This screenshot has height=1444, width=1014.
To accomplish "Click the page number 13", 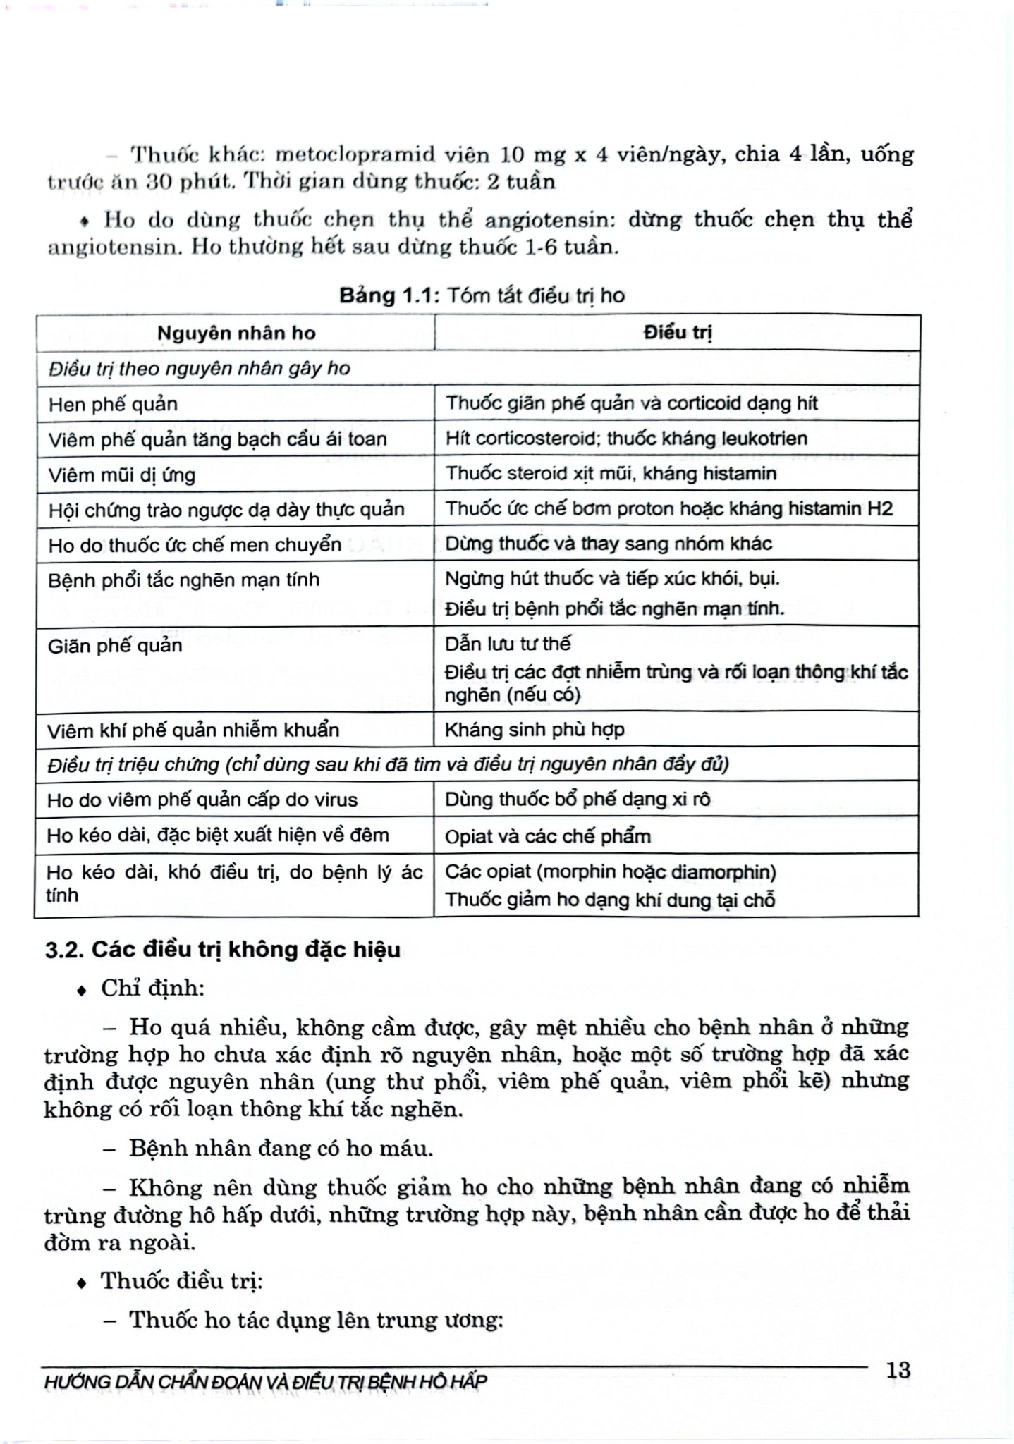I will tap(898, 1370).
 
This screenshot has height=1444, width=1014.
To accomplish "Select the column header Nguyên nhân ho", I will tap(236, 334).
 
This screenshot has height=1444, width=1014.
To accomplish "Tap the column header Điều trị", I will tap(677, 333).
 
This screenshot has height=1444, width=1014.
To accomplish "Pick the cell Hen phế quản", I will tap(113, 404).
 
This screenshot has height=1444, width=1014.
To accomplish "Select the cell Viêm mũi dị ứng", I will tap(121, 475).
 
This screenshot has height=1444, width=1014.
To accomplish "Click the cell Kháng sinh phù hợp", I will tap(535, 729).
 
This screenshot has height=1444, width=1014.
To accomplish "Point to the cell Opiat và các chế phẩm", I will tap(547, 836).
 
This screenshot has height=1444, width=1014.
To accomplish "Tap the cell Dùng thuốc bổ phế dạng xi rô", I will tap(578, 800).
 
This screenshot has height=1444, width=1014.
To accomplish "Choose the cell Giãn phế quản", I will tap(115, 645).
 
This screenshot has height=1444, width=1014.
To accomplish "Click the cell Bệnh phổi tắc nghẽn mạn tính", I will tap(183, 580).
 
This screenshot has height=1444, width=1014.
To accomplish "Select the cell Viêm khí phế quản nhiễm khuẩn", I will tap(193, 730).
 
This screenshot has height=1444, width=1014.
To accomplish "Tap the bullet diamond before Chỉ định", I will tap(83, 991).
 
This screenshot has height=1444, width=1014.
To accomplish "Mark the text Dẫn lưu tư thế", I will tap(508, 644).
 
